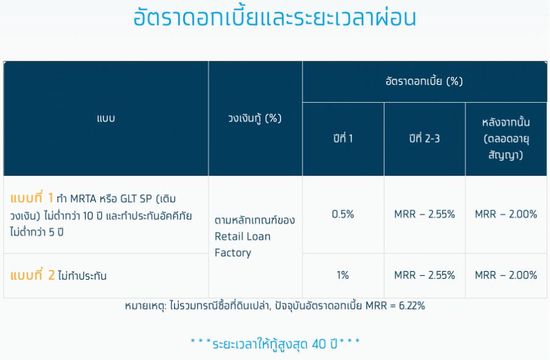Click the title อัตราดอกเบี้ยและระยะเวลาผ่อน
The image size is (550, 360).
(x=274, y=17)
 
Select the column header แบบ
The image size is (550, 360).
(x=106, y=119)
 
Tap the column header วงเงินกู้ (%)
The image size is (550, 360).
(x=255, y=118)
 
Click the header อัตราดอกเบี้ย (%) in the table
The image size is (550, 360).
(x=425, y=81)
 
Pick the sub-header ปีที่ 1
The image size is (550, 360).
(x=343, y=138)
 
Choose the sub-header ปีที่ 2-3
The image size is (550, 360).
(x=425, y=138)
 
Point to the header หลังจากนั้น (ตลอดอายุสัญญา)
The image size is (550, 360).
(x=506, y=139)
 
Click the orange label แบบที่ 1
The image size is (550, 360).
(x=32, y=198)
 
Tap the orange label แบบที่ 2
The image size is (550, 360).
(x=32, y=275)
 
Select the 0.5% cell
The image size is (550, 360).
(x=343, y=214)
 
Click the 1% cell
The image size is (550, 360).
(x=343, y=275)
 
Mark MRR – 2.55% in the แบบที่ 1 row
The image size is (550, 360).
(x=425, y=214)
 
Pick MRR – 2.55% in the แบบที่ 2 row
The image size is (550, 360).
(x=425, y=275)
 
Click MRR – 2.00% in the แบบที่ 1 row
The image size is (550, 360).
(x=506, y=214)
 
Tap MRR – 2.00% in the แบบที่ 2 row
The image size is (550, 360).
(x=506, y=275)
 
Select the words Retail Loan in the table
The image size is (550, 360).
(x=242, y=237)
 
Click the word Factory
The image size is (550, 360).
(x=233, y=253)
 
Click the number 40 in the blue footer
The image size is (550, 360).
(x=319, y=344)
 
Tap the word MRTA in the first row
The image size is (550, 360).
(x=83, y=199)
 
